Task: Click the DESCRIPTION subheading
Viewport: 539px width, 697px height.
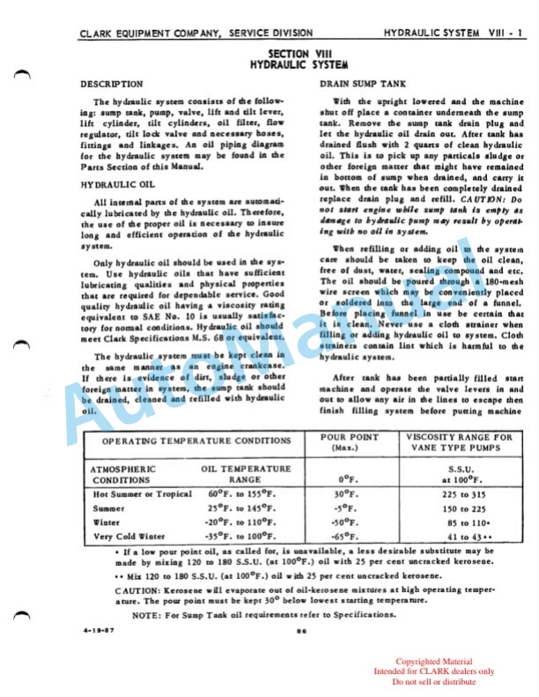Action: coord(112,84)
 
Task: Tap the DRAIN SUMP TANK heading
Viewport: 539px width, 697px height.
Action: coord(360,84)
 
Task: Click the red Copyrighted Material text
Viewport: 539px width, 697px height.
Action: coord(433,662)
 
